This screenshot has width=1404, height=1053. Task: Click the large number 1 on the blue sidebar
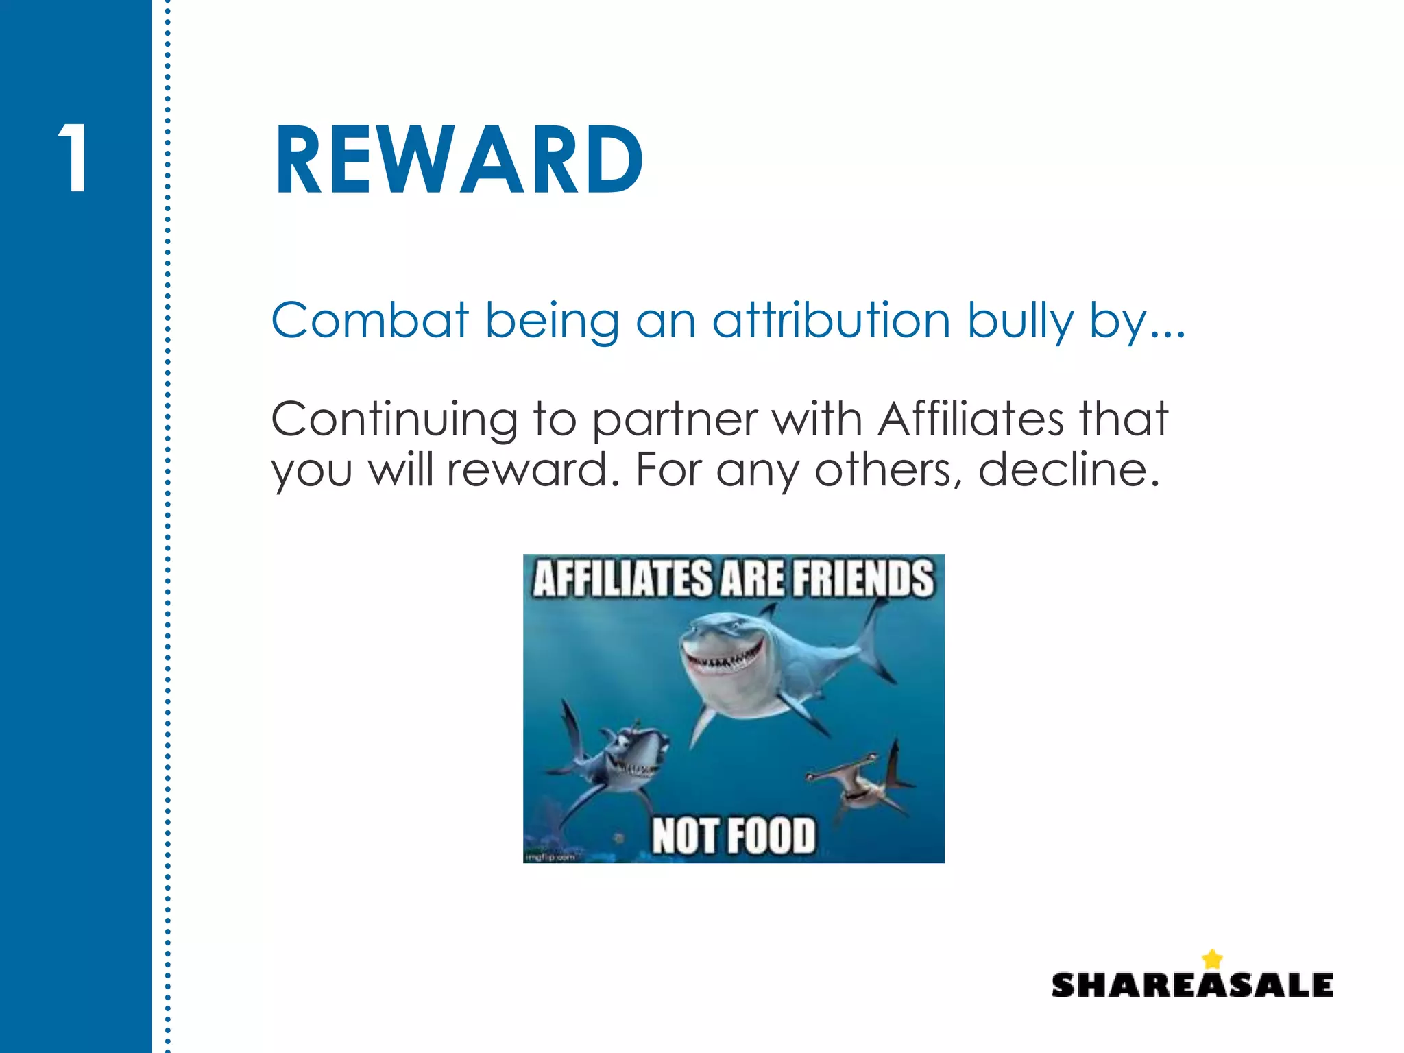click(73, 158)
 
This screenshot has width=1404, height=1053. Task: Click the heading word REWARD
click(458, 161)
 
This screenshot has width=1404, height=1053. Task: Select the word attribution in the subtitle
click(831, 320)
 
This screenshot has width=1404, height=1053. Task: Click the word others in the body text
click(888, 470)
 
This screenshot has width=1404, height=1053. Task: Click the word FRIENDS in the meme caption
click(863, 578)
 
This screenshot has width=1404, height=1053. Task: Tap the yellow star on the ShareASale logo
click(1212, 958)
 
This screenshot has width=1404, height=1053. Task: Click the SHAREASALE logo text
click(1191, 985)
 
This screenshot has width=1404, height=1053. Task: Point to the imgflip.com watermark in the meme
click(550, 857)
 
